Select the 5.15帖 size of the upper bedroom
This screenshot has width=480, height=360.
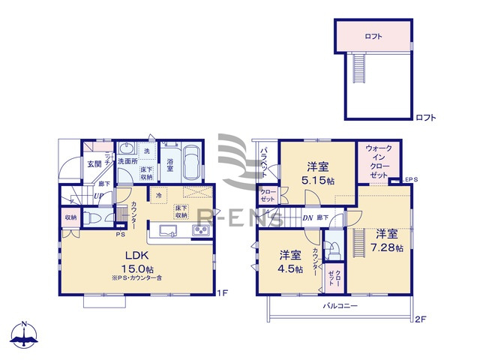[x=319, y=181]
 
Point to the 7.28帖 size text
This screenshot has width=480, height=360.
[x=388, y=247]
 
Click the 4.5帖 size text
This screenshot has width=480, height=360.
[x=289, y=268]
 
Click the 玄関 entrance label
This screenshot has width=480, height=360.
[x=93, y=163]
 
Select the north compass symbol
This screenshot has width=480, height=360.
[x=24, y=336]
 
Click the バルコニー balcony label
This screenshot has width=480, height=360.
[x=340, y=307]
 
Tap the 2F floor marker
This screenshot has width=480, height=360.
[x=421, y=319]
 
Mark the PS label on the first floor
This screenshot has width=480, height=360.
[x=119, y=235]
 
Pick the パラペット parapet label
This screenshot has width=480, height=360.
[x=264, y=162]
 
